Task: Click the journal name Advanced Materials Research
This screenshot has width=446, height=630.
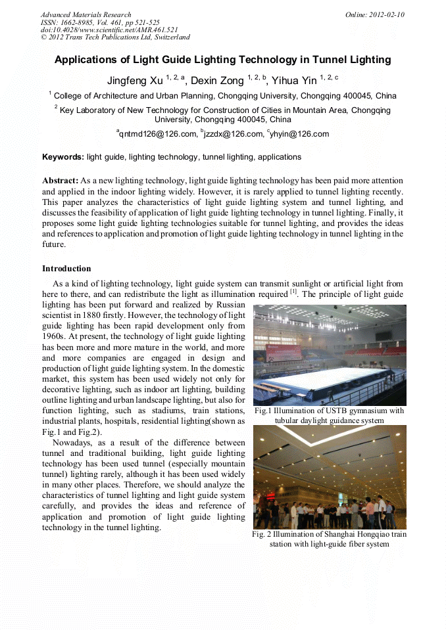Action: coord(86,14)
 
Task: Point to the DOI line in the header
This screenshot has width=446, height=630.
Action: coord(109,30)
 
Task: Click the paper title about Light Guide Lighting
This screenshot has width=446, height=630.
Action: coord(222,60)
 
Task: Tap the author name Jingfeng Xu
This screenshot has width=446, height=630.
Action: coord(135,81)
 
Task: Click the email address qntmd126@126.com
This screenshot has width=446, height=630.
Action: coord(158,134)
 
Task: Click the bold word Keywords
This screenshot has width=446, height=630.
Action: coord(62,157)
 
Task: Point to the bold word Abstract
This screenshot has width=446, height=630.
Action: coord(60,180)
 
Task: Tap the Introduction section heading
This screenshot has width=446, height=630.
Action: coord(66,269)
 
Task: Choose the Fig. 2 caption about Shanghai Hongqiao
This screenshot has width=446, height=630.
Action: coord(329,539)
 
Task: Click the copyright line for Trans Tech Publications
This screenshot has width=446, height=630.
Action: coord(115,37)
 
